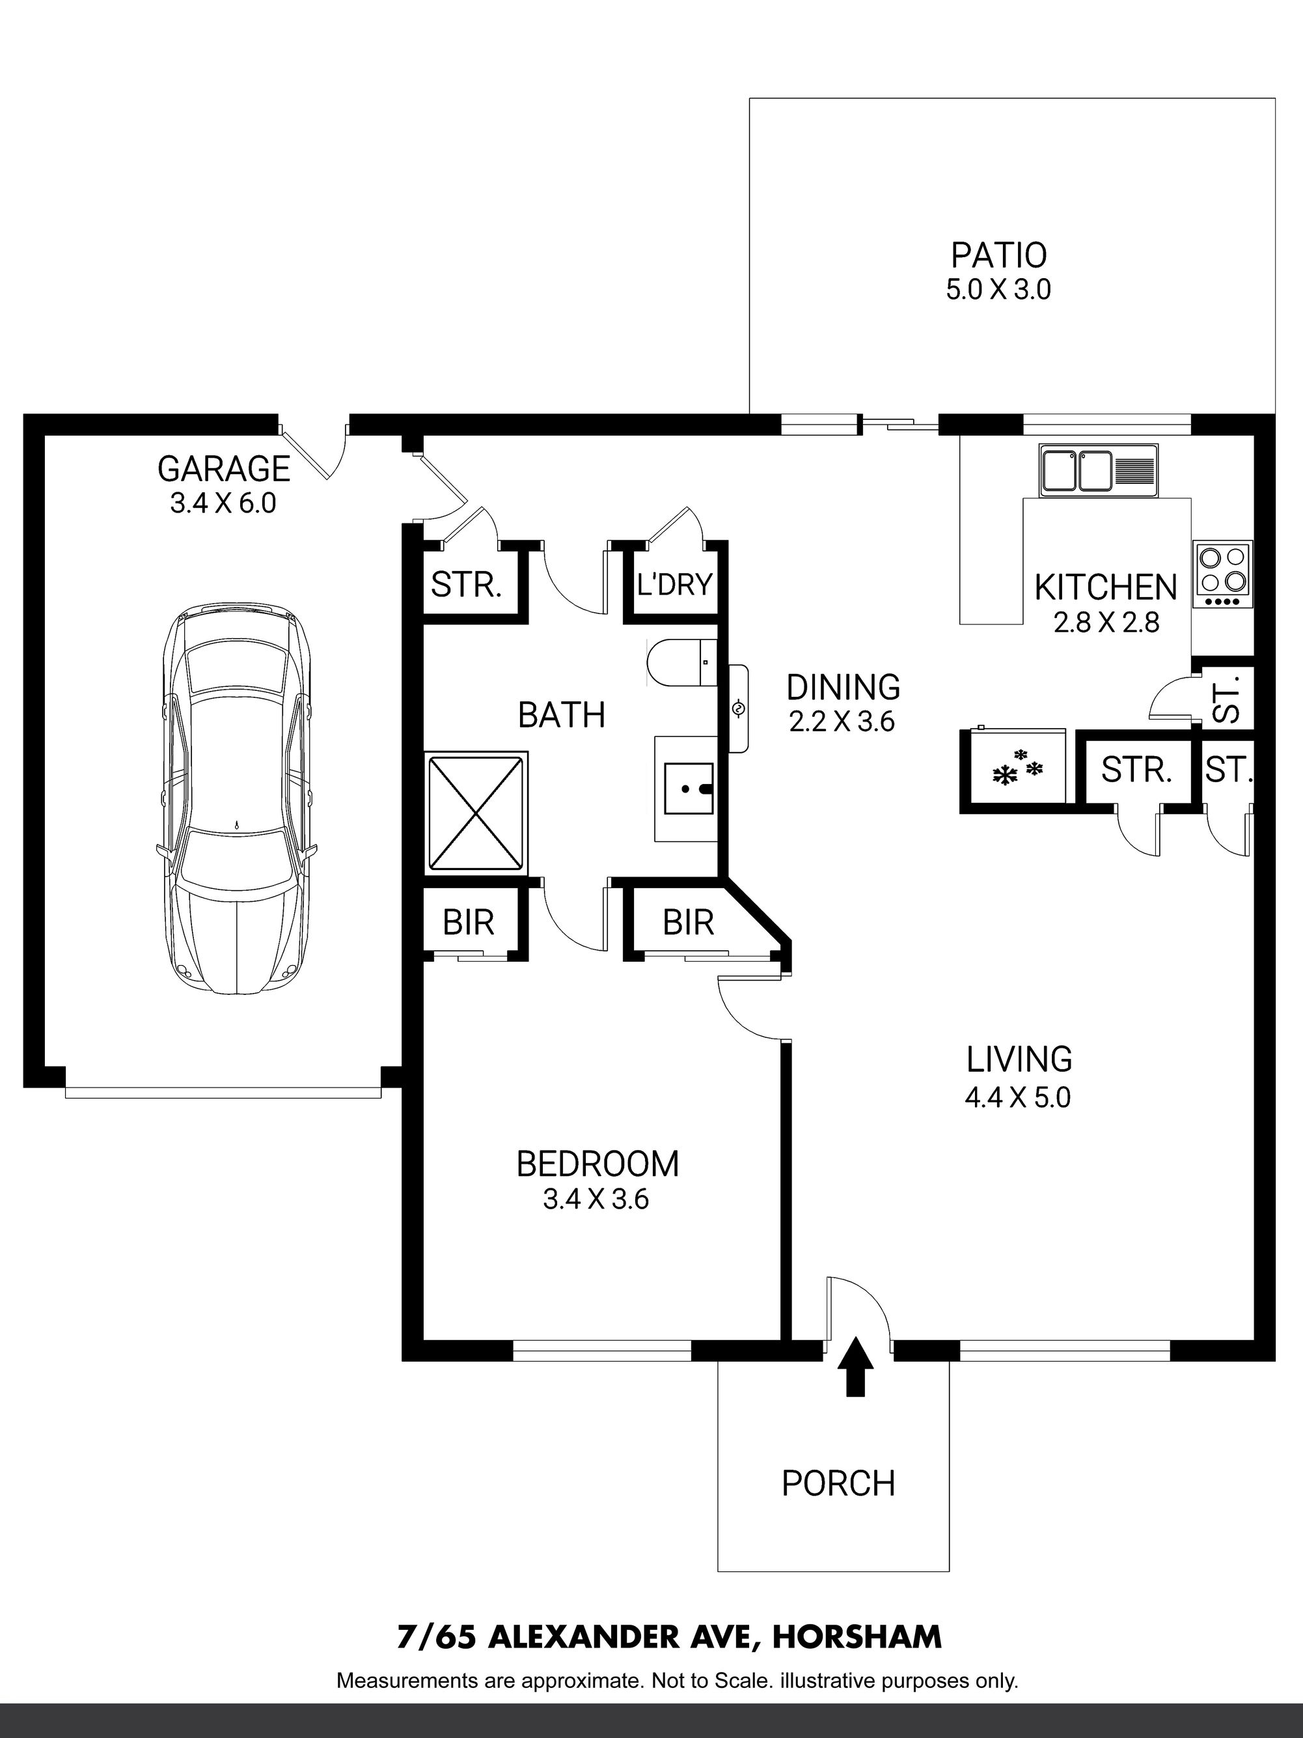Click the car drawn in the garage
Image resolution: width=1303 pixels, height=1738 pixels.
pos(236,799)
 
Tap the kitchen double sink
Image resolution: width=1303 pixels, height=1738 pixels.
pos(1099,471)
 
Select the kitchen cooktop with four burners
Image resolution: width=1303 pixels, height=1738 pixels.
pos(1223,574)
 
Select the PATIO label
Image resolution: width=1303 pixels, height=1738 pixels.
pos(999,255)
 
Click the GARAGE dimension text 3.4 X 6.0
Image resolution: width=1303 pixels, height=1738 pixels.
pos(223,503)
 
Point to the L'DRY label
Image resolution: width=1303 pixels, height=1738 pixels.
pos(675,585)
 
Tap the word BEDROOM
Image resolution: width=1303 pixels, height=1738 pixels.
pos(597,1164)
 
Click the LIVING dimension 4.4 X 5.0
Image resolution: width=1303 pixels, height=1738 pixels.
pos(1018,1097)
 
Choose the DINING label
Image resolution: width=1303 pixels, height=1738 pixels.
pos(844,688)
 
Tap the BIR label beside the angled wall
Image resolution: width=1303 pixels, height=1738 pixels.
pos(688,923)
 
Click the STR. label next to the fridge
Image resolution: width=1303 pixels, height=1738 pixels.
pos(1136,770)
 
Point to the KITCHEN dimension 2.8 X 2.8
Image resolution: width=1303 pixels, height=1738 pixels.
pos(1106,623)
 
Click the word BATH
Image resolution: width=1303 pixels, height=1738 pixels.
pos(562,715)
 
